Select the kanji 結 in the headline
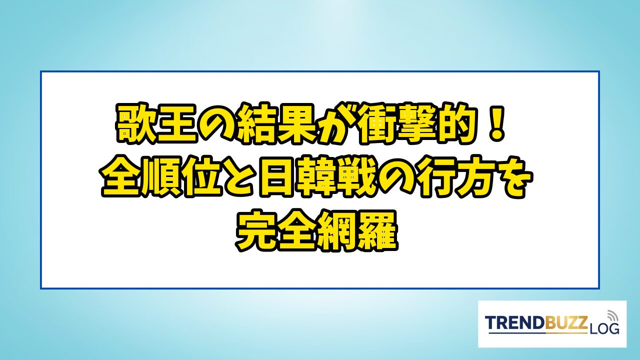(259, 123)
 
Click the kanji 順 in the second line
(161, 177)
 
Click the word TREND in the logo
(511, 323)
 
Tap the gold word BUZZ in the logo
(562, 323)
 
